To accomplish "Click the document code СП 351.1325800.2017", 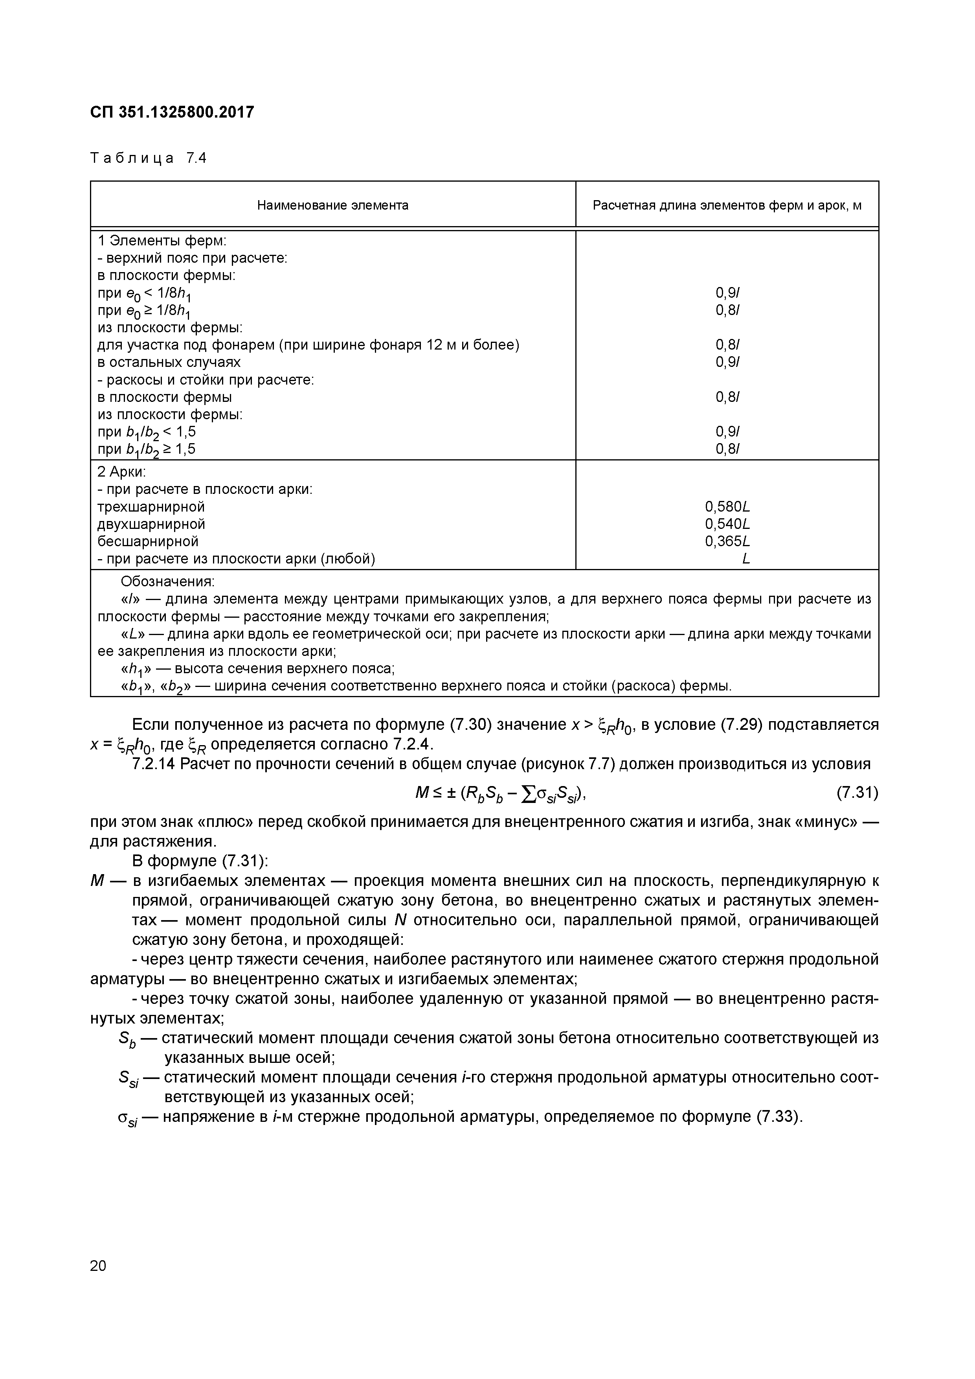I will coord(172,112).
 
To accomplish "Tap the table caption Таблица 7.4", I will coord(148,158).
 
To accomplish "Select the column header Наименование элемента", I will coord(332,205).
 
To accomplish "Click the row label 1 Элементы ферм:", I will coord(162,241).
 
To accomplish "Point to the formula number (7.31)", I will coord(857,794).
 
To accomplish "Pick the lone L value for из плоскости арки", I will coord(745,559).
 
